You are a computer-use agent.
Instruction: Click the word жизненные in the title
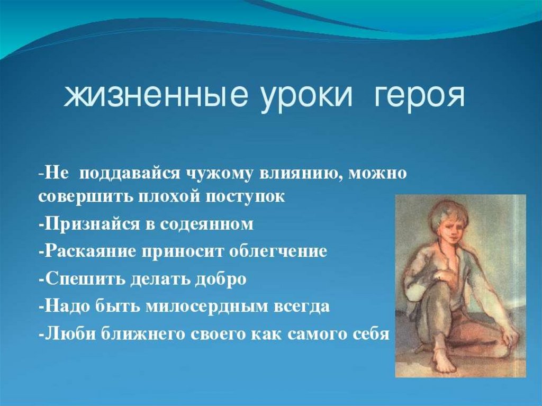click(156, 95)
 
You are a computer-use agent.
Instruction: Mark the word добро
click(221, 279)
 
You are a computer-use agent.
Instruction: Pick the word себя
click(372, 334)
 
